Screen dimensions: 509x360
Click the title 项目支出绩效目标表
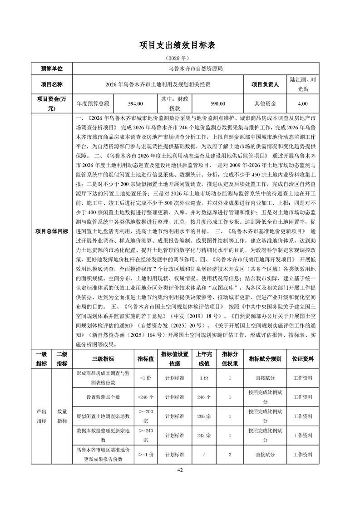pyautogui.click(x=180, y=45)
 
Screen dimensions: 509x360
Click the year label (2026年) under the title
pyautogui.click(x=180, y=59)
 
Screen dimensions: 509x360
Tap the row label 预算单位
pyautogui.click(x=51, y=69)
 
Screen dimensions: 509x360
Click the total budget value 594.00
pyautogui.click(x=136, y=103)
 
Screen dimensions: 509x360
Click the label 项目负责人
pyautogui.click(x=265, y=84)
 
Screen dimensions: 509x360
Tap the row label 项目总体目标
pyautogui.click(x=51, y=231)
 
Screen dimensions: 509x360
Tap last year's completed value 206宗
pyautogui.click(x=204, y=416)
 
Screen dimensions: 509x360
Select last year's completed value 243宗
pyautogui.click(x=204, y=435)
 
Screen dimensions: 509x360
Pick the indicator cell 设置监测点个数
pyautogui.click(x=103, y=396)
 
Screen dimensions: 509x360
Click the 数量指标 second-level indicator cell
pyautogui.click(x=62, y=416)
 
